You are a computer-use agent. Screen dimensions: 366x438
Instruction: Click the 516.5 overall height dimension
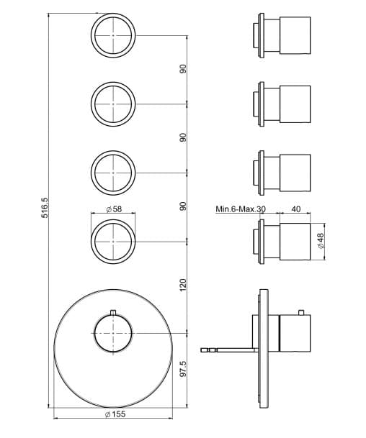coord(45,208)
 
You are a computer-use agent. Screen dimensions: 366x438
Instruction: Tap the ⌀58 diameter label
coord(114,209)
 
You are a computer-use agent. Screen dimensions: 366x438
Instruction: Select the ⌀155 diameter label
coord(115,414)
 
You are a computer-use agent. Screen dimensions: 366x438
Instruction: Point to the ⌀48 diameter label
coord(321,241)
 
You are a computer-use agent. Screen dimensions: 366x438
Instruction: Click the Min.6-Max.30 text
coord(241,209)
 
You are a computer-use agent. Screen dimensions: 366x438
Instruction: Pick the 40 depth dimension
coord(296,209)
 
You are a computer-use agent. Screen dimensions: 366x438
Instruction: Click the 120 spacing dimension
coord(183,285)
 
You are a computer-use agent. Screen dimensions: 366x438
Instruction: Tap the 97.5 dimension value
coord(183,369)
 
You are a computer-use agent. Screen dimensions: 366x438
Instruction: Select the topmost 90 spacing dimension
coord(183,69)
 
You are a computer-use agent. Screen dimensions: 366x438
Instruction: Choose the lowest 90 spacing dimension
coord(183,206)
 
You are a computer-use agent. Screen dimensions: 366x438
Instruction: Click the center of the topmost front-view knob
coord(113,35)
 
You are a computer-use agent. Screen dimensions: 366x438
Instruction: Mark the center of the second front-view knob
coord(113,104)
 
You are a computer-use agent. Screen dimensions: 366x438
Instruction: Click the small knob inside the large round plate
coord(113,333)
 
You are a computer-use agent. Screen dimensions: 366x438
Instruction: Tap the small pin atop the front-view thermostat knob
coord(113,313)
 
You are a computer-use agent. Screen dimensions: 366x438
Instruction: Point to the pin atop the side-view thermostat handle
coord(301,313)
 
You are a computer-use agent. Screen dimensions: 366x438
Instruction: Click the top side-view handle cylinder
coord(295,35)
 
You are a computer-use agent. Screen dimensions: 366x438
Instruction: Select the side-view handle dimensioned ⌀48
coord(295,242)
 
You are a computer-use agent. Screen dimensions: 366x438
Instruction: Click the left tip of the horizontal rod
coord(201,350)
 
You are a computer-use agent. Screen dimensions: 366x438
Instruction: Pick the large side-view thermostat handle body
coord(295,333)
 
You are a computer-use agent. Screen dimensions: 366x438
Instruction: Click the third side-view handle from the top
coord(295,173)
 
